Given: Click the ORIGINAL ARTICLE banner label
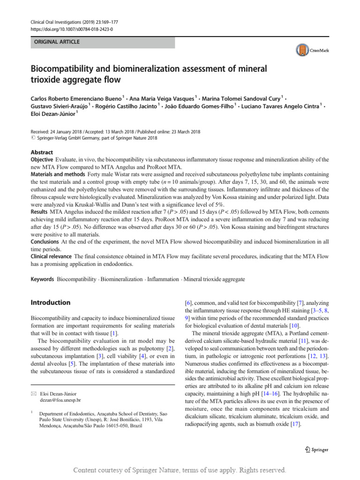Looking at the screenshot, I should pos(54,42).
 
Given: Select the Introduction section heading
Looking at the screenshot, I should pos(51,302).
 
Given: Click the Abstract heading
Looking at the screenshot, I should pos(42,152).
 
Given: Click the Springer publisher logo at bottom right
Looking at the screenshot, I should pos(316,450).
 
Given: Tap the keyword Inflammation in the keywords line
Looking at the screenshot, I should pos(163,279).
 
